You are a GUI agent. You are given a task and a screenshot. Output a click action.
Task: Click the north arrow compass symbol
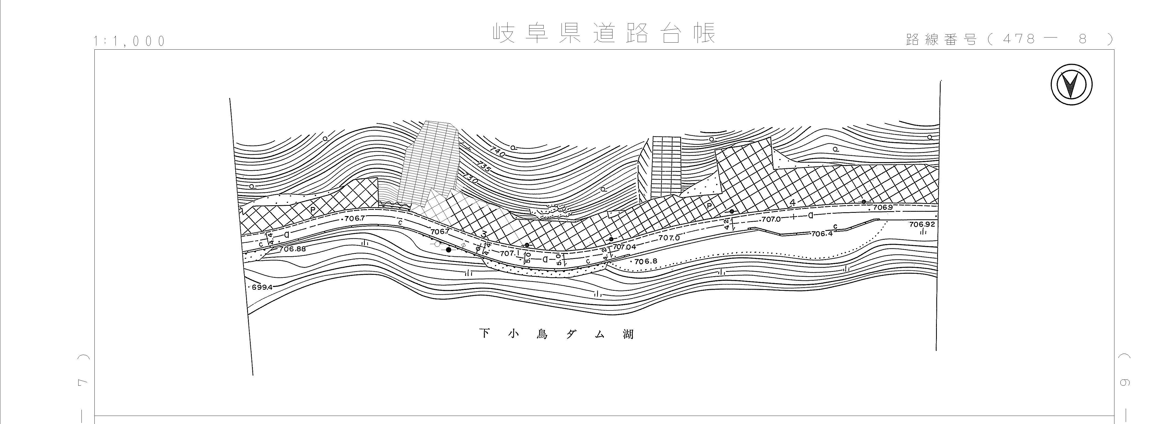pos(1072,85)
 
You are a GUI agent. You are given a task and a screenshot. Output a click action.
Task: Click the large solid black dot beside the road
pos(448,250)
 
